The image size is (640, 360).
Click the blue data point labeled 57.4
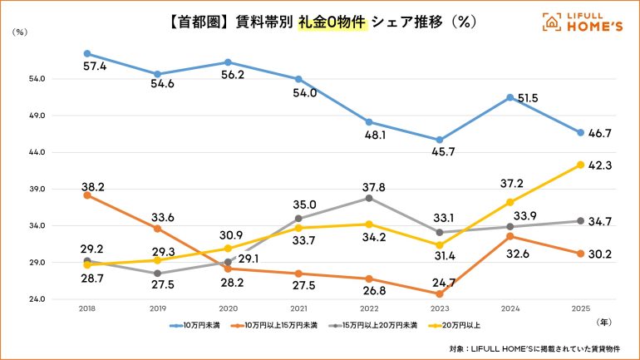coord(88,53)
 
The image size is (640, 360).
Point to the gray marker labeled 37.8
coord(369,198)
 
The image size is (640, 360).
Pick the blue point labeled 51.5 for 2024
coord(510,97)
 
